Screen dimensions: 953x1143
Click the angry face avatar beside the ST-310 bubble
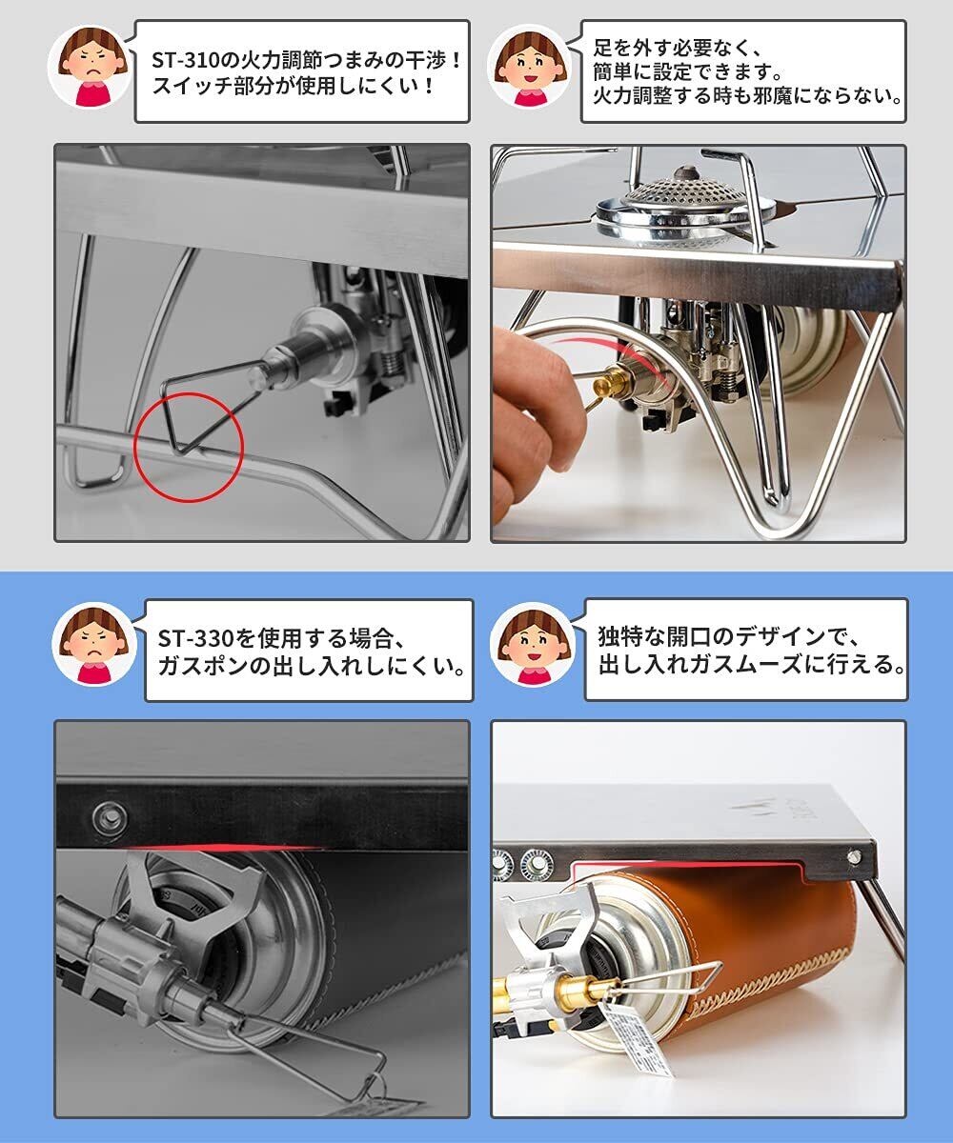coord(90,67)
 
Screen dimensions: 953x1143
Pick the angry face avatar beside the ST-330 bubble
coord(93,646)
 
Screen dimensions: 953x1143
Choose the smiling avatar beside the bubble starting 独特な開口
coord(533,646)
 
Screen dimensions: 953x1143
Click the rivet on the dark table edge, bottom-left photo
coord(108,818)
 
